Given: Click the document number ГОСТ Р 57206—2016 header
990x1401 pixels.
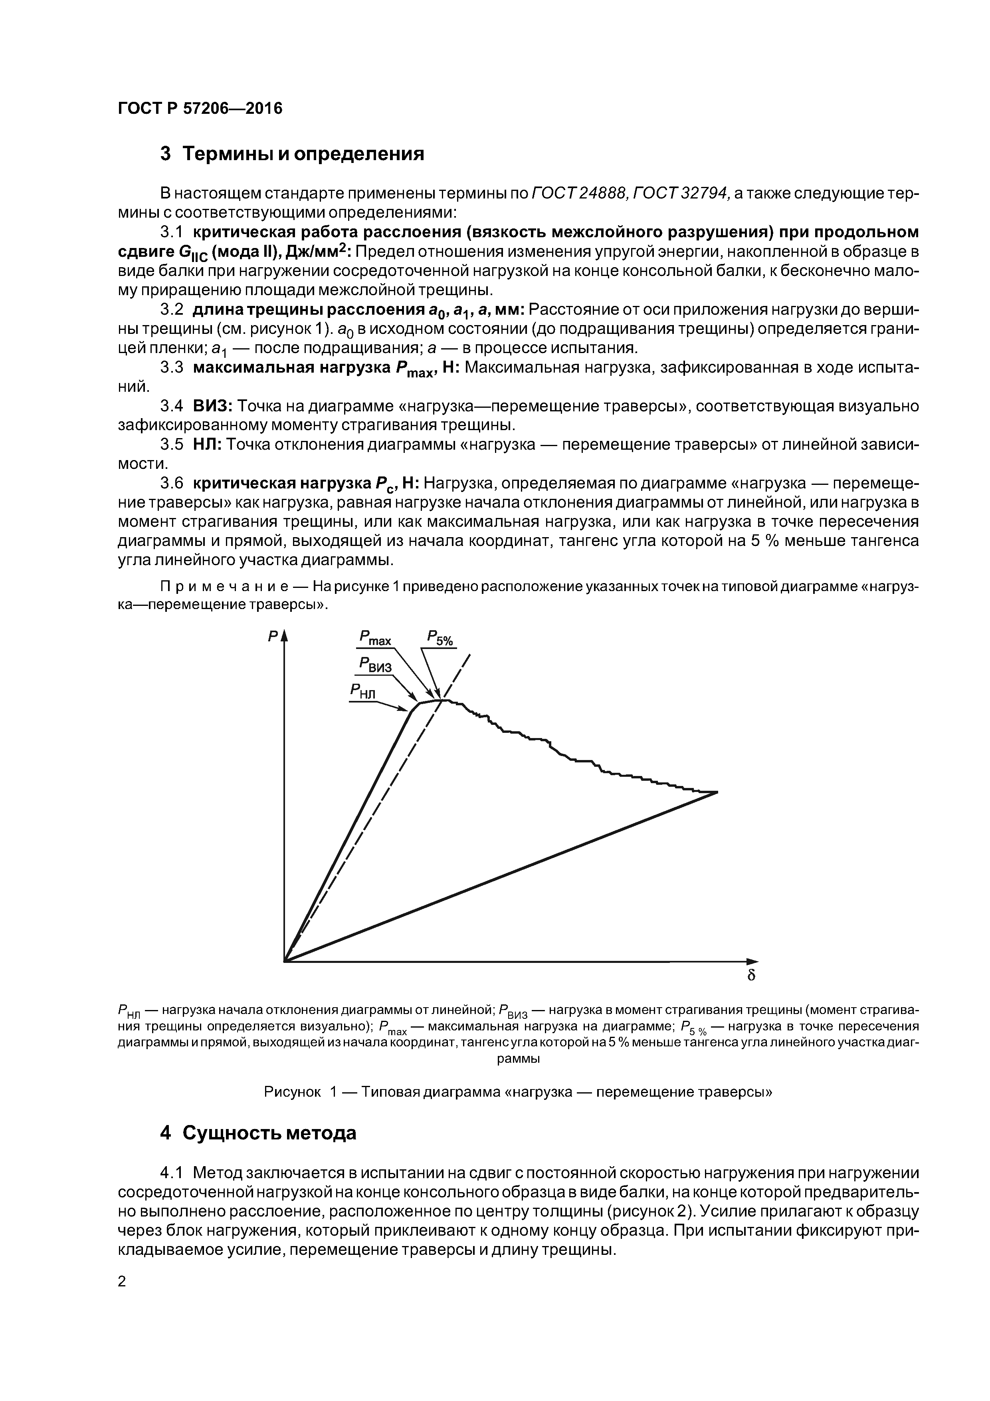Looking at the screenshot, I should (200, 109).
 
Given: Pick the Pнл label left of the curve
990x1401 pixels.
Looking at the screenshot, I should (364, 691).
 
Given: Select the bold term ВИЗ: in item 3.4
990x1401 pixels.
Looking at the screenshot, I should (212, 406).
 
